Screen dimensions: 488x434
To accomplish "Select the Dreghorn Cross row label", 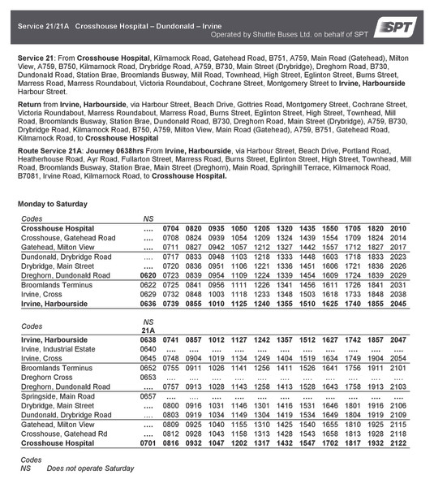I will tap(46, 377).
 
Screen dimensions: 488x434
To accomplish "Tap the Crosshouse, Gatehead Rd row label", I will tap(62, 434).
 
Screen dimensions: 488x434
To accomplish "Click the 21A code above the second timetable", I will tap(148, 330).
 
